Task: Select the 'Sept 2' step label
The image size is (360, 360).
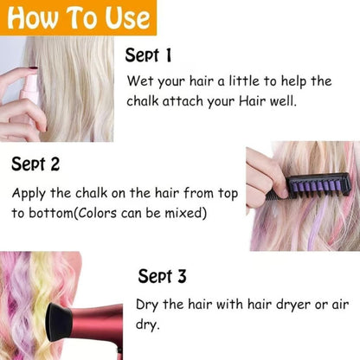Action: [35, 164]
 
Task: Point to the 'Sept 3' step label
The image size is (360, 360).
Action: [162, 277]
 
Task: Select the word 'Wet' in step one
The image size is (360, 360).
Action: [139, 82]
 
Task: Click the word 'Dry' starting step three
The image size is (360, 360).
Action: [147, 305]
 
